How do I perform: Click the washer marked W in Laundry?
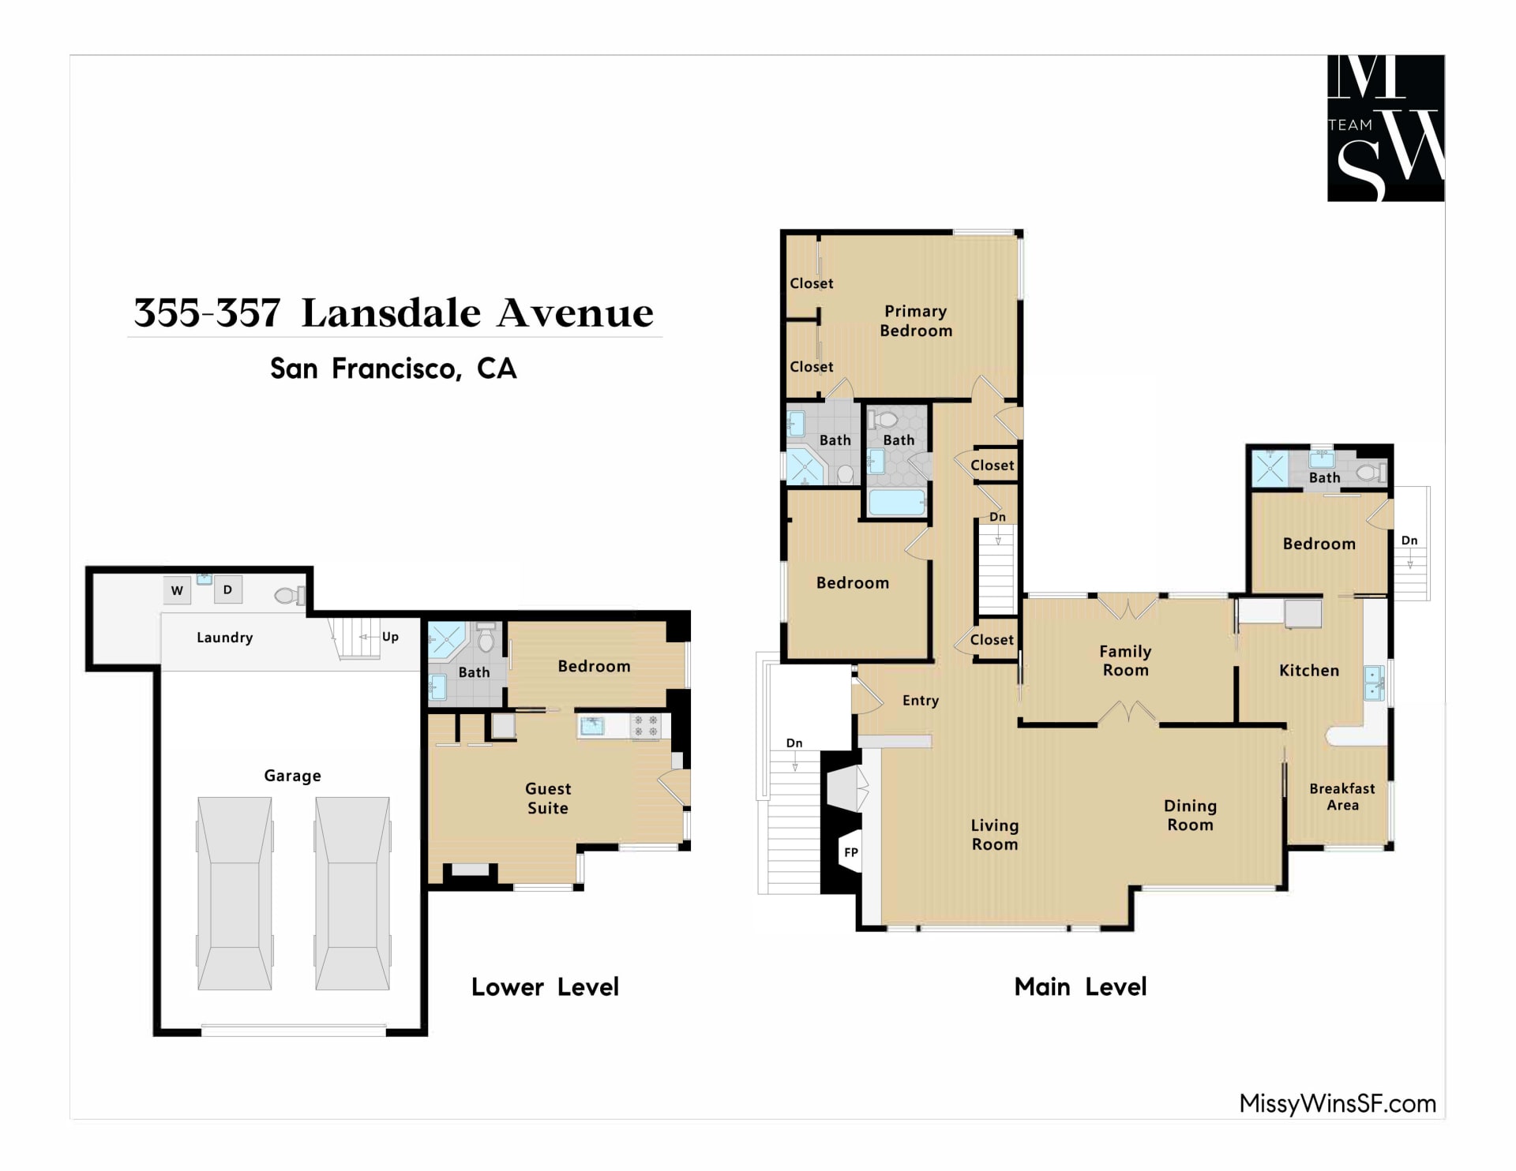[177, 590]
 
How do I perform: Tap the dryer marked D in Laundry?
[227, 589]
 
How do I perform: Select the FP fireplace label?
[851, 852]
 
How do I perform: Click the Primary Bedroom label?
[916, 321]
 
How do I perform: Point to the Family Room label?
[1126, 660]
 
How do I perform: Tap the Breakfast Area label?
[1342, 797]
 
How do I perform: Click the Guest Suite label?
[548, 799]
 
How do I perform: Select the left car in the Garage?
[235, 893]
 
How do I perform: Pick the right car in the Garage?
[353, 893]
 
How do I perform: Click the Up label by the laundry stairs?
[390, 637]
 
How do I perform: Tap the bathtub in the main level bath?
[896, 503]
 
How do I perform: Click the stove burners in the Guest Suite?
[646, 726]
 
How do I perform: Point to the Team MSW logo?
[1386, 128]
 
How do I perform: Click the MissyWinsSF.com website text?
[1338, 1103]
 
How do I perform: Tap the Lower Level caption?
[545, 987]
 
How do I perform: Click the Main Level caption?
[1080, 987]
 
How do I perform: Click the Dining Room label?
[1191, 815]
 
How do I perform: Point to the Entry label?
[921, 701]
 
